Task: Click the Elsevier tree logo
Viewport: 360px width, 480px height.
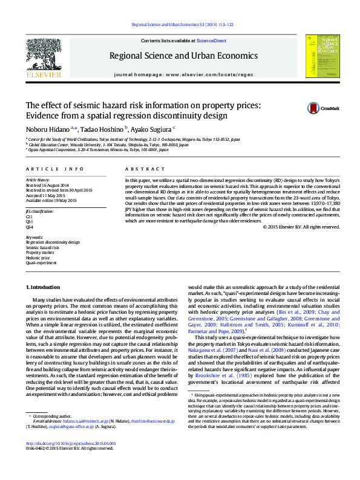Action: click(x=43, y=56)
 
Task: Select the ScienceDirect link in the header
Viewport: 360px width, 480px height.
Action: click(x=211, y=41)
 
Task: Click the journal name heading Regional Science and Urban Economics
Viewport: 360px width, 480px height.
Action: click(x=183, y=56)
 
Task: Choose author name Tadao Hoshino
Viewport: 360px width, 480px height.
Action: click(x=103, y=128)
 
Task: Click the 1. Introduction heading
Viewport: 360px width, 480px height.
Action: click(x=43, y=287)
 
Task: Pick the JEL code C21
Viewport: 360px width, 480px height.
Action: click(x=29, y=216)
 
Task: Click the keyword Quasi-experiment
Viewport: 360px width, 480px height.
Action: click(x=41, y=263)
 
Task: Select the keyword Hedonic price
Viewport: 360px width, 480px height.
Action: click(x=38, y=258)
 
